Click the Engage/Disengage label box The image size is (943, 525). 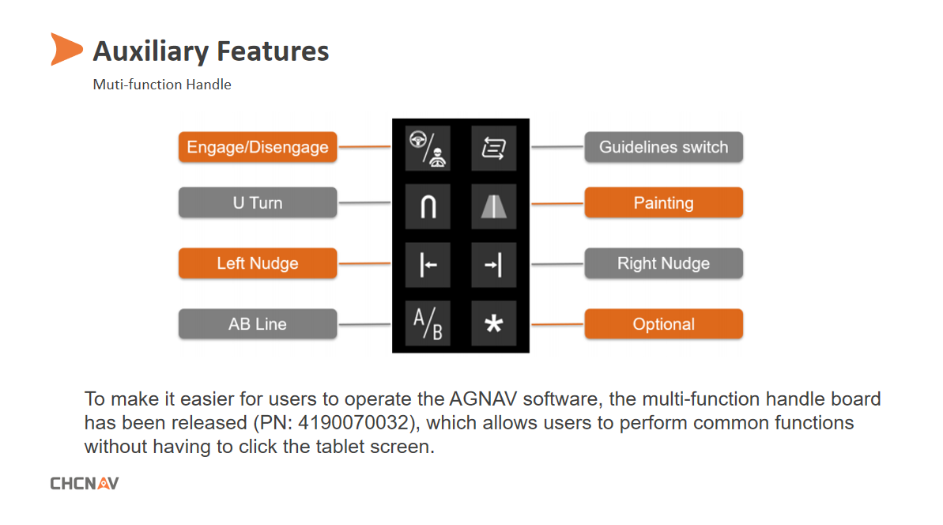point(258,147)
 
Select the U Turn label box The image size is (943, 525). point(258,202)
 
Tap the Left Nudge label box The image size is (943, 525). point(258,263)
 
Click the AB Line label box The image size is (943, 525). point(258,323)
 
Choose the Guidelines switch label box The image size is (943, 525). point(663,147)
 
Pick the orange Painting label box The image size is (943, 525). point(663,202)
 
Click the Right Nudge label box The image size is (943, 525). point(663,263)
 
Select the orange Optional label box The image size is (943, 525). point(663,323)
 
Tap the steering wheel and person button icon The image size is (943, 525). point(428,148)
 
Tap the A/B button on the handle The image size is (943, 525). point(428,323)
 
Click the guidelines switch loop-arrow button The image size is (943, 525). point(494,148)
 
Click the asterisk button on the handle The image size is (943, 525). point(494,323)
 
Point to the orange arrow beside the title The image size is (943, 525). point(66,49)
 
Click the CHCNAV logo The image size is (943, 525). point(85,483)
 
